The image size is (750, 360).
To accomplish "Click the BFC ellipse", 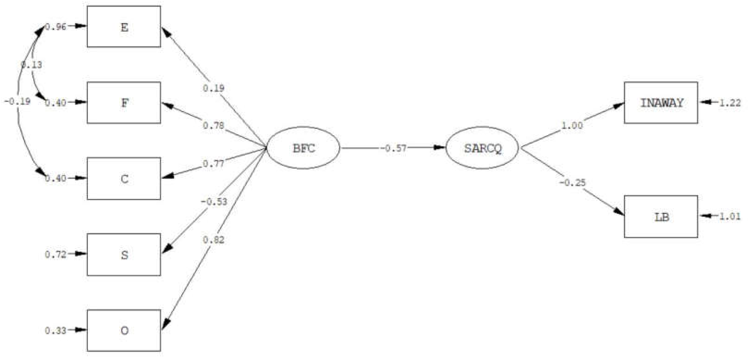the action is [303, 148].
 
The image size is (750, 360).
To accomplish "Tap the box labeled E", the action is [124, 27].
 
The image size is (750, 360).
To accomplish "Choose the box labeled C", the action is [124, 178].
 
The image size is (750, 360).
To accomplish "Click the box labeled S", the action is [124, 255].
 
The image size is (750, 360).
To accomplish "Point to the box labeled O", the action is [124, 330].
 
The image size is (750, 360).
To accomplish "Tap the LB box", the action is [661, 216].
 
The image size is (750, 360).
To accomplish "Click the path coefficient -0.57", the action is [393, 148].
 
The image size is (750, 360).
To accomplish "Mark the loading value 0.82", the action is [214, 240].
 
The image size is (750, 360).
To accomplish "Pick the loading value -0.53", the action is [214, 202].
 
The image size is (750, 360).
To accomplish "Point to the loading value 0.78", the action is [214, 126].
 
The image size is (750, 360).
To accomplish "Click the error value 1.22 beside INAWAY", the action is [730, 103].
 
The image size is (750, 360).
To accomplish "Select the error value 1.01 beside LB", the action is [730, 217].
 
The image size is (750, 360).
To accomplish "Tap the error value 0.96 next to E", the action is [56, 27].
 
